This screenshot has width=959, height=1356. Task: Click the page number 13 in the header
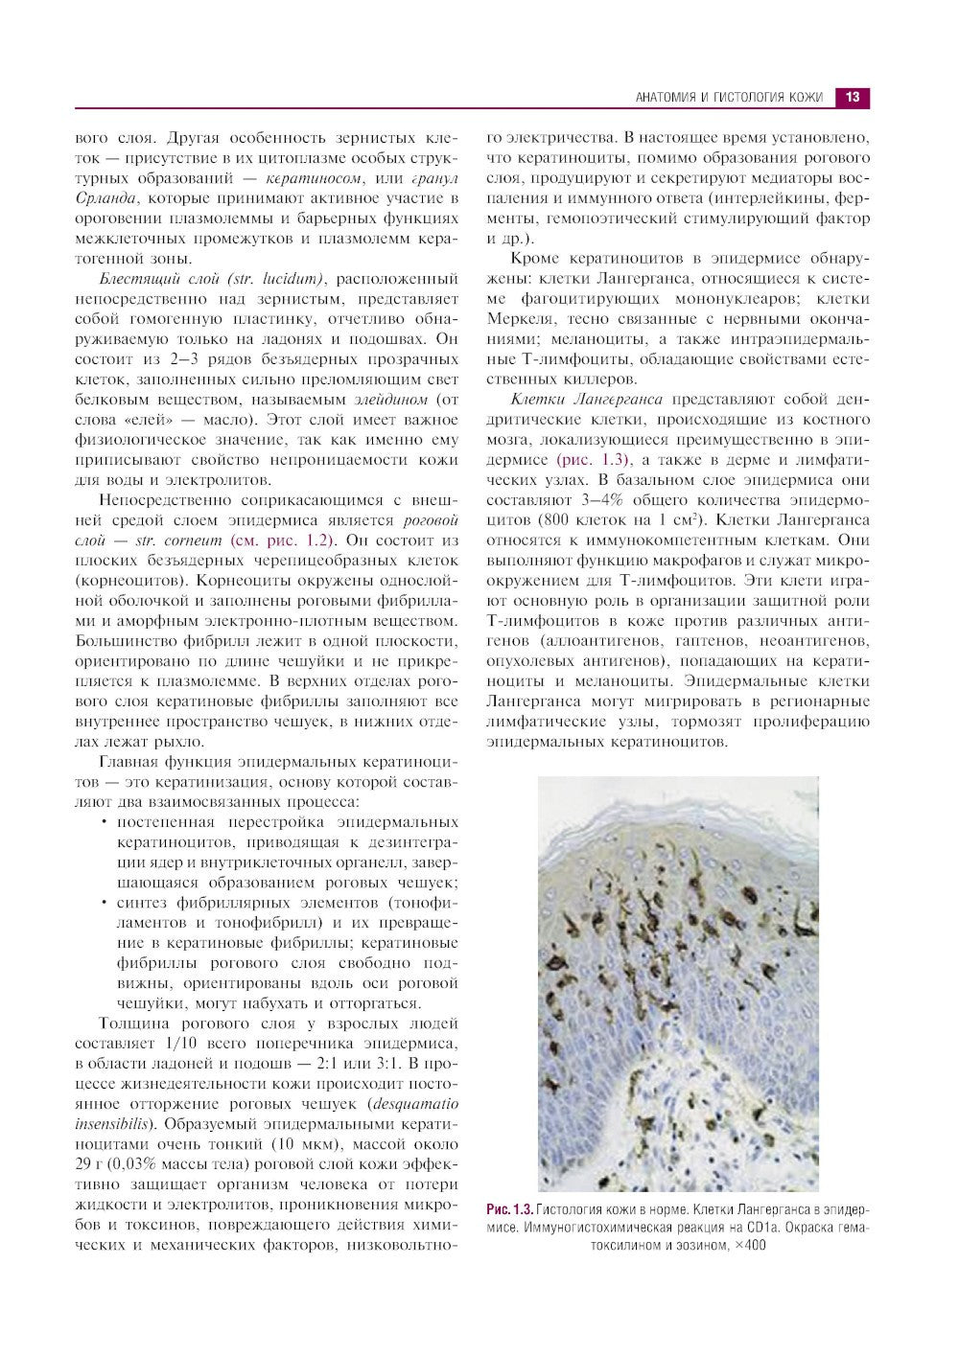[853, 97]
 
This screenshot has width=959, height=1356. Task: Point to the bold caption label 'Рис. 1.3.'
[509, 1209]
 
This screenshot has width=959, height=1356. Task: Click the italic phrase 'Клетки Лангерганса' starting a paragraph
[587, 400]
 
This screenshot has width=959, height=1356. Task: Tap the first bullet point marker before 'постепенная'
[104, 823]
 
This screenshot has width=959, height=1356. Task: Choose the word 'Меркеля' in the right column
[519, 319]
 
